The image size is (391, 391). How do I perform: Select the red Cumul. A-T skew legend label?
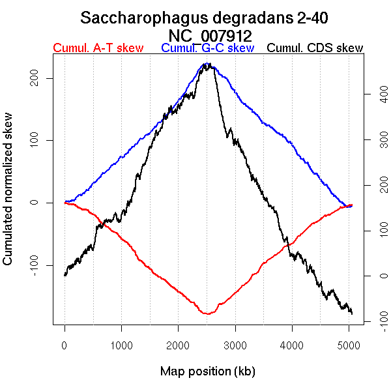(98, 48)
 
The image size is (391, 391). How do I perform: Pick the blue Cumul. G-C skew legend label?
(207, 48)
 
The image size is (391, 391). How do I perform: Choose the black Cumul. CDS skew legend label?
(315, 48)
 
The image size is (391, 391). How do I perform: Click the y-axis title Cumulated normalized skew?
(8, 196)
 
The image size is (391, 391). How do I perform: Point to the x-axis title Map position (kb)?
(207, 371)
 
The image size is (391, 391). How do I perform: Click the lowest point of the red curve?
(208, 314)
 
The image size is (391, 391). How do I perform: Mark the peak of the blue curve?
(207, 64)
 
